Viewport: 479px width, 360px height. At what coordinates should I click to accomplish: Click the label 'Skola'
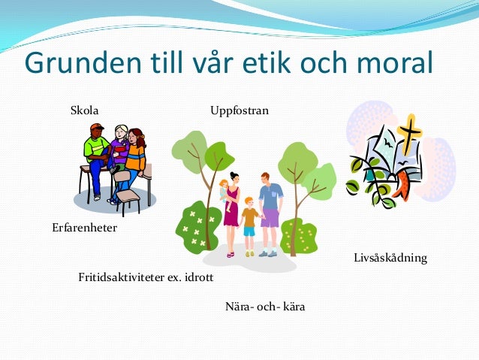click(x=84, y=111)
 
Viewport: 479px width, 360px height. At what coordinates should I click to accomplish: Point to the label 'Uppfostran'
click(x=239, y=111)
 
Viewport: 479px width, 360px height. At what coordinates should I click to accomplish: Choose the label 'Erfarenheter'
click(x=84, y=227)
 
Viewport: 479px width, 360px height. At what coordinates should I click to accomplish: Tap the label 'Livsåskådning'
click(x=390, y=258)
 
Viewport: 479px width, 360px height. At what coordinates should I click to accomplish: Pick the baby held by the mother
click(x=224, y=192)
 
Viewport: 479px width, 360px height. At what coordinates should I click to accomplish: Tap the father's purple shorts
click(x=270, y=219)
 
